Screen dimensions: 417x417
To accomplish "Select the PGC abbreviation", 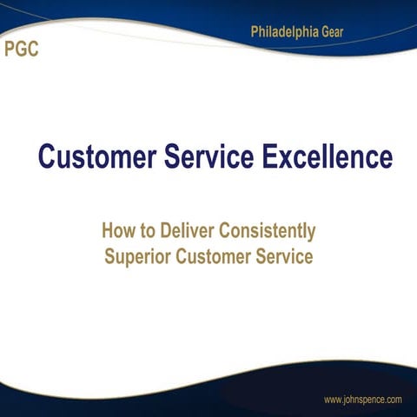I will (22, 49).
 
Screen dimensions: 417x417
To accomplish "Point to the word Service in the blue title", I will (208, 158).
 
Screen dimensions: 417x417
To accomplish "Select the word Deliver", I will (186, 232).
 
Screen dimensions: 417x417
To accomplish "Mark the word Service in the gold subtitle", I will (285, 257).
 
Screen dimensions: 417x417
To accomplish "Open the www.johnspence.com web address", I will (362, 400).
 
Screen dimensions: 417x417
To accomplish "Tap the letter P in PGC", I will (10, 49).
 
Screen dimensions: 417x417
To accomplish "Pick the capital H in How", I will (108, 232).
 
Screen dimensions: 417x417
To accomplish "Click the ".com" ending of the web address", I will (393, 400).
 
